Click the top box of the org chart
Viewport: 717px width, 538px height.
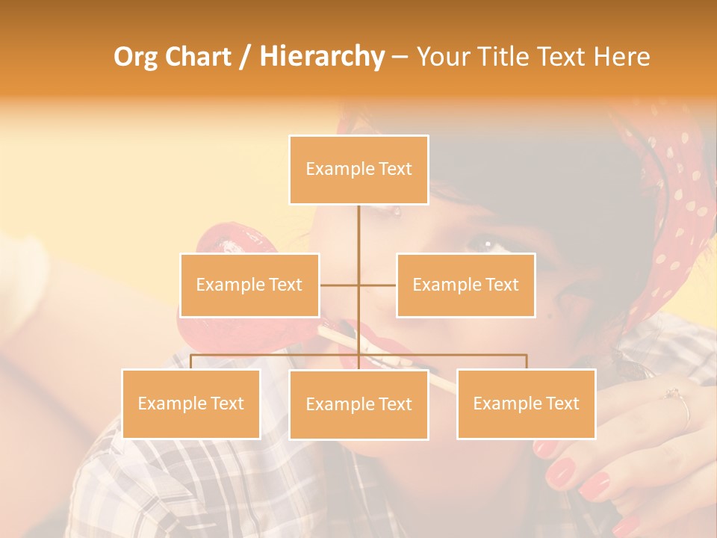(358, 170)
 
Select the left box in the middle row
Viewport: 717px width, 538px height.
(249, 285)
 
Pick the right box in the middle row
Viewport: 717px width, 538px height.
(465, 285)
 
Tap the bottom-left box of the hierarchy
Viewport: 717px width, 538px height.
(190, 403)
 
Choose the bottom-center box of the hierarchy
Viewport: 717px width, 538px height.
(358, 404)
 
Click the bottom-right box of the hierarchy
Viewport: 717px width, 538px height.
(526, 403)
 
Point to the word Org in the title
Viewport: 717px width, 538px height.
(136, 56)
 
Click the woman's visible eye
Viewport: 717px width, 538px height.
(484, 244)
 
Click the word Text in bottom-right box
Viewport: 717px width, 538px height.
(561, 403)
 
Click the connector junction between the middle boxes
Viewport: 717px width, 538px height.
(358, 285)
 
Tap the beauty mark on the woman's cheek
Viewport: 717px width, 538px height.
(551, 316)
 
